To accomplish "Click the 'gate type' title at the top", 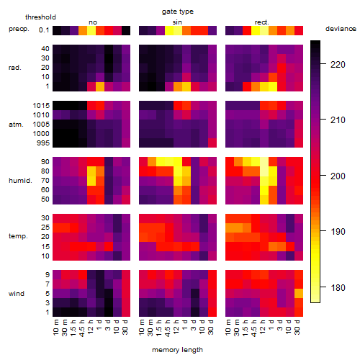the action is coord(178,12).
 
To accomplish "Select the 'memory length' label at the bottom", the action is coord(177,350).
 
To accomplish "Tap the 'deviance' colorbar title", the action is coord(341,29).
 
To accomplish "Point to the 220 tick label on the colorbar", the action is coord(338,64).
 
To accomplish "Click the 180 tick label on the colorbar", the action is coord(338,287).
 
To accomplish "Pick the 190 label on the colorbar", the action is coord(338,231).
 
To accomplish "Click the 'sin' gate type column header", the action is coord(177,22).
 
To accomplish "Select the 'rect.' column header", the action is coord(261,22).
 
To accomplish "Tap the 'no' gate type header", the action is coord(93,22).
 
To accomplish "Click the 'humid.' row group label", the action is coord(20,181).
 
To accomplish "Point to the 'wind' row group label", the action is coord(17,293).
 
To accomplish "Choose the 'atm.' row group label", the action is coord(16,125).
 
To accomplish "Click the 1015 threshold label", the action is coord(41,105).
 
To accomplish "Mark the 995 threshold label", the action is coord(43,143).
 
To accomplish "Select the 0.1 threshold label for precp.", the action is coord(44,30).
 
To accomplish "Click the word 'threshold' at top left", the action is coord(40,17).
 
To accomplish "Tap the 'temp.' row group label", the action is coord(18,236).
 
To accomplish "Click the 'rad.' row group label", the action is coord(15,68).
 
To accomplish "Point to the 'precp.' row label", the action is coord(19,29).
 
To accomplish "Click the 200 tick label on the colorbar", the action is coord(338,176).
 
